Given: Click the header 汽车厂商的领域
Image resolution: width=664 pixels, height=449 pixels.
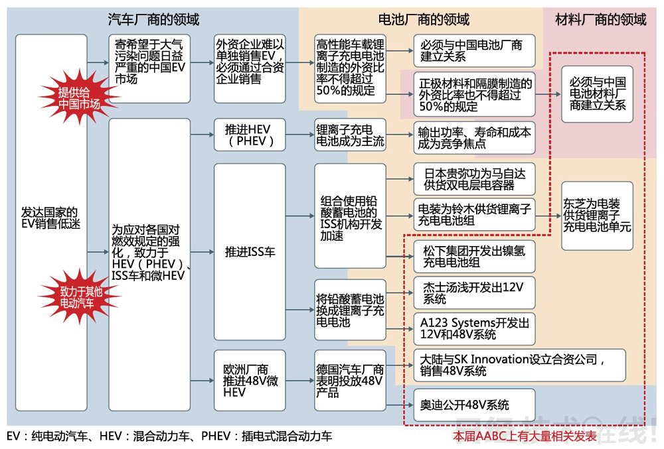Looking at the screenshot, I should coord(153,19).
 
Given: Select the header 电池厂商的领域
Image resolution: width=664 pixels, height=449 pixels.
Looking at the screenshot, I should coord(423,19).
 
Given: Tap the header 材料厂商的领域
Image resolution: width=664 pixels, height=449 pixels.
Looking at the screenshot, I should coord(600,19).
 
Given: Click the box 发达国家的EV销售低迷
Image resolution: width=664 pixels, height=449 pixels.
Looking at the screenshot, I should coord(51,218).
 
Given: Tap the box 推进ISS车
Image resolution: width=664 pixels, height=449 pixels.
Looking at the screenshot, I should coord(249,252).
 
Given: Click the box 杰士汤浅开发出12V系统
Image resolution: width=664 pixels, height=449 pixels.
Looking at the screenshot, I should coord(474,292).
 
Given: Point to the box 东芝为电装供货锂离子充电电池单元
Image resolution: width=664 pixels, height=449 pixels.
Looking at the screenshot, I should coord(597,216).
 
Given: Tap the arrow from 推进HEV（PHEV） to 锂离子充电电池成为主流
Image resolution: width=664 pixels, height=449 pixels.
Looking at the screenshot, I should coord(299,135).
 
